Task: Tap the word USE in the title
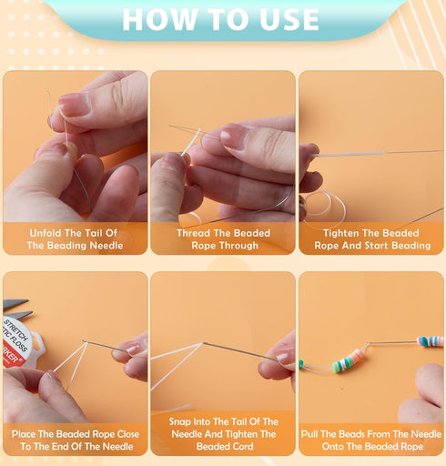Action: pos(284,19)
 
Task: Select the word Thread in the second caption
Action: pos(195,232)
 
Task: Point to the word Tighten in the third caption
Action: pos(342,232)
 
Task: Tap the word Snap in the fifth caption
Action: pos(182,422)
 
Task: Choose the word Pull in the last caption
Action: pos(313,434)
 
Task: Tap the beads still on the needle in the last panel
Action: pos(430,341)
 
